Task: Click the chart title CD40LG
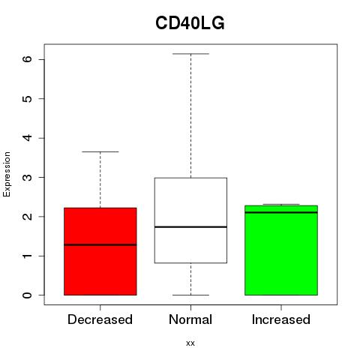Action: (190, 23)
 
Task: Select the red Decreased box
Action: (100, 251)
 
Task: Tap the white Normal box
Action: (190, 220)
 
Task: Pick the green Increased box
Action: (281, 250)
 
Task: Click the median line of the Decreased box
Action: (100, 244)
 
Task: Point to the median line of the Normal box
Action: (190, 226)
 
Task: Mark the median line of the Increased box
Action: (281, 212)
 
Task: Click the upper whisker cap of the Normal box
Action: (190, 54)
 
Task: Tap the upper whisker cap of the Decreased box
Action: (100, 151)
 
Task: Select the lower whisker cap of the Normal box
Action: (190, 295)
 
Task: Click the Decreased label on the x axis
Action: (100, 319)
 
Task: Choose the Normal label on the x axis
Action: (190, 319)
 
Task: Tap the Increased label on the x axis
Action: (281, 319)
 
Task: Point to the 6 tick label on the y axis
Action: (28, 59)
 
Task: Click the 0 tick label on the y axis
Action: (28, 295)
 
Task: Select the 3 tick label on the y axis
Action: (28, 177)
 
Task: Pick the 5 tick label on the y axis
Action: (28, 98)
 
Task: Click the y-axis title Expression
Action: (7, 174)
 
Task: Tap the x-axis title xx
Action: (190, 343)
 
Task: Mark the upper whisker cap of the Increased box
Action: (281, 204)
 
